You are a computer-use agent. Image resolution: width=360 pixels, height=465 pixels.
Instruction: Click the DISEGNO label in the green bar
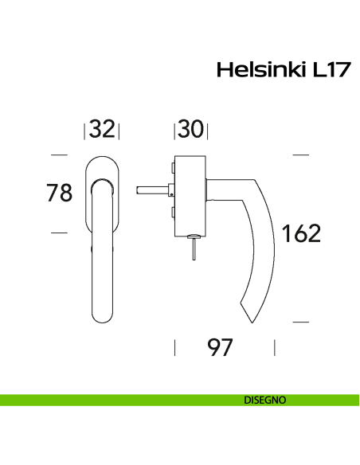(x=265, y=401)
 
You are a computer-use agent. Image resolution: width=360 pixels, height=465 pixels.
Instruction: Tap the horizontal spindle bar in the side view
(x=152, y=190)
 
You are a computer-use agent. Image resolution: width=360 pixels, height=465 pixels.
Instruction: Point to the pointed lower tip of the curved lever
(x=249, y=321)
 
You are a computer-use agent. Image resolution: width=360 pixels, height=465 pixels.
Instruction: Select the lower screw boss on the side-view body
(x=172, y=213)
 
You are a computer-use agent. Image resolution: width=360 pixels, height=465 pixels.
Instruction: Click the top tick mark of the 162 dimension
(x=300, y=154)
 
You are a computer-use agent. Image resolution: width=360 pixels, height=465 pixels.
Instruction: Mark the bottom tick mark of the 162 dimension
(x=300, y=322)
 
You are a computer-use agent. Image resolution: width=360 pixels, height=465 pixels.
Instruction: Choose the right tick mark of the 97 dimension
(x=275, y=347)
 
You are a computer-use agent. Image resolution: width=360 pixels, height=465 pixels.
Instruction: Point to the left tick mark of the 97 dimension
(x=174, y=347)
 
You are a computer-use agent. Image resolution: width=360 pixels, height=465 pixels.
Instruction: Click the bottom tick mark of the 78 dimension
(x=59, y=232)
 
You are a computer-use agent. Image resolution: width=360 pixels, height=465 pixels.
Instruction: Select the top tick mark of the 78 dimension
(x=59, y=154)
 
